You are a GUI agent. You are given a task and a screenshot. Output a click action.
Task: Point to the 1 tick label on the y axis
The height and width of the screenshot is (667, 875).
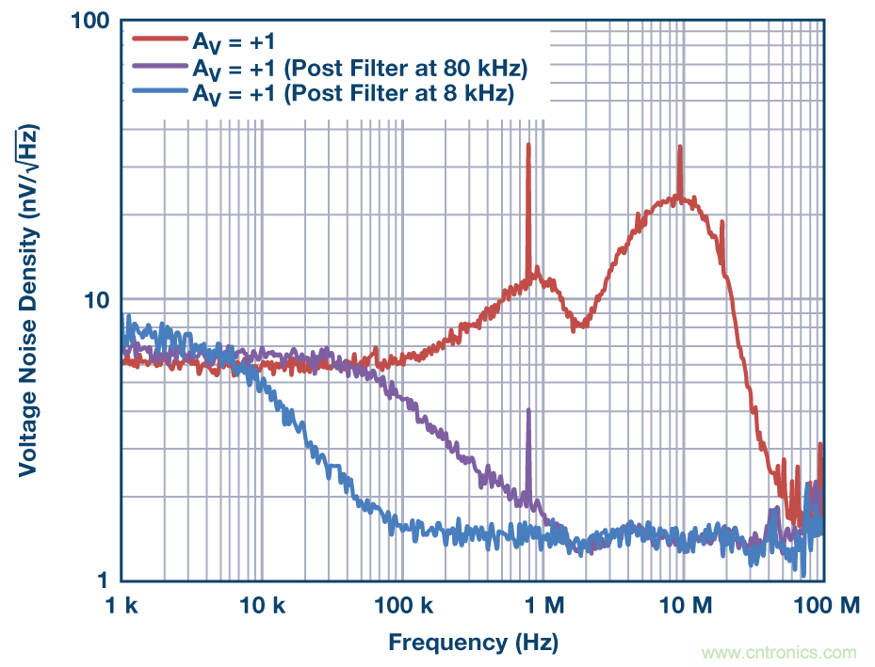pos(104,580)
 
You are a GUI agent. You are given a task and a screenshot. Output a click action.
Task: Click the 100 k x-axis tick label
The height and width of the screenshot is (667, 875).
pos(402,605)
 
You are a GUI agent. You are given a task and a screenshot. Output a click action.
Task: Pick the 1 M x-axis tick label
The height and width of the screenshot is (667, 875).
pos(543,605)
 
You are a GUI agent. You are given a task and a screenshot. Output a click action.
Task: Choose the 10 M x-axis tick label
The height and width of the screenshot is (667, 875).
pos(682,605)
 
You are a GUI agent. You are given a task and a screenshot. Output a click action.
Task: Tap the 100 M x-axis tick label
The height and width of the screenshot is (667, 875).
pos(821,605)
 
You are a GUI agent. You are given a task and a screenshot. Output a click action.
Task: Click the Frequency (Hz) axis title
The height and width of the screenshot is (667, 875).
pos(473,643)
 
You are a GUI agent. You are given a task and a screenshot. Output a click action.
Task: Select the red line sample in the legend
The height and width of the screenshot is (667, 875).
pos(160,40)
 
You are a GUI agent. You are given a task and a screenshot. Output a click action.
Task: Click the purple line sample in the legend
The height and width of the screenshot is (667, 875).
pos(160,67)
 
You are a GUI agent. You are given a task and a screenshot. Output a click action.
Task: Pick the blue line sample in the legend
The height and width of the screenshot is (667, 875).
pos(160,93)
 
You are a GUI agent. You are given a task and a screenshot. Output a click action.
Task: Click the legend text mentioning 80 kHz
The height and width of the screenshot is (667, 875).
pos(359,68)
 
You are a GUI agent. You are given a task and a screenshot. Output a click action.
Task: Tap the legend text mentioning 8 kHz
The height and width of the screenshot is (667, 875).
pos(353,94)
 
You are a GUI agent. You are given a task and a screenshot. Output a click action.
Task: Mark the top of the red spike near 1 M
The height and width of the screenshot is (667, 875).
pos(528,145)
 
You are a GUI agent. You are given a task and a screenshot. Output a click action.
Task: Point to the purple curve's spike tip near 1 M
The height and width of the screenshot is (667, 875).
pos(528,410)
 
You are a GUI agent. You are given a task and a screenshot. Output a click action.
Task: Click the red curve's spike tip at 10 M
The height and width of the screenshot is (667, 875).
pos(679,147)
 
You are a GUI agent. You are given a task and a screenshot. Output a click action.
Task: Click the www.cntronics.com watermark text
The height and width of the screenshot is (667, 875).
pos(779,652)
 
